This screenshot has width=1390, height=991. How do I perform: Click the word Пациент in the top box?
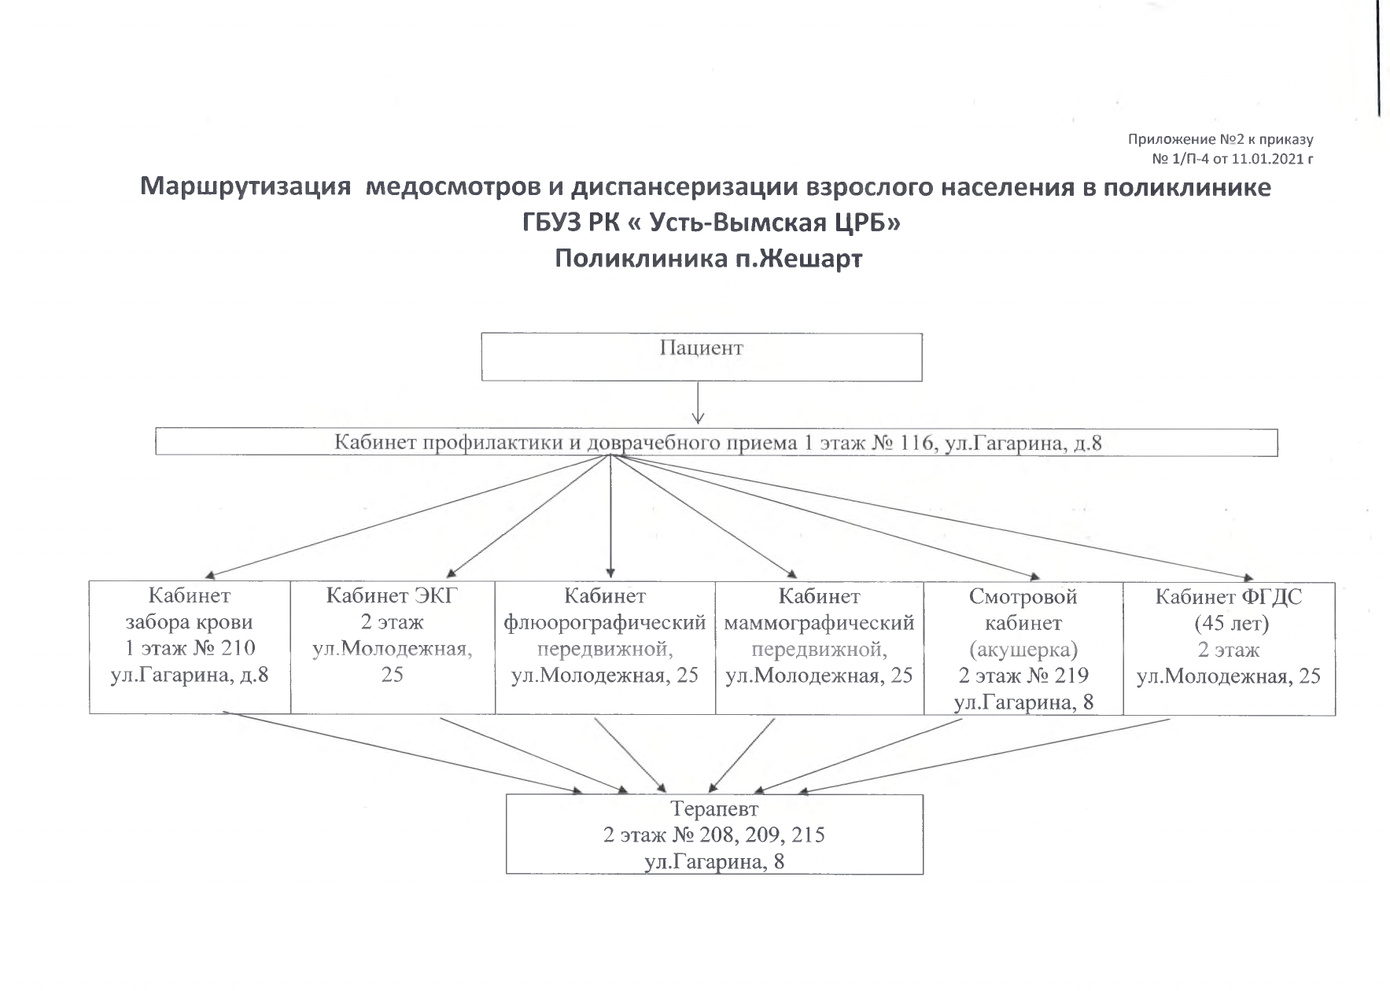[x=701, y=348]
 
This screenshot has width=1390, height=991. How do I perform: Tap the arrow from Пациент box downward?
[x=698, y=403]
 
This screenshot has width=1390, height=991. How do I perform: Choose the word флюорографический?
[x=604, y=623]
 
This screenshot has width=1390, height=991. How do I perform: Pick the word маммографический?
[x=819, y=623]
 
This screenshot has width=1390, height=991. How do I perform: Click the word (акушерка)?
[x=1023, y=650]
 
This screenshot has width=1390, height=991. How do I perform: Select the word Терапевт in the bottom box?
[x=714, y=809]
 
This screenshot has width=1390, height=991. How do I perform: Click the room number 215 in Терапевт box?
[x=807, y=834]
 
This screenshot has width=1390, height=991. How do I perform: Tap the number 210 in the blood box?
[x=238, y=649]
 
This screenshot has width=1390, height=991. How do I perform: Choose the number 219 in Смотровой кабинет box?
[x=1071, y=676]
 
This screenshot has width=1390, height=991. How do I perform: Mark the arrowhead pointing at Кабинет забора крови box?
[x=212, y=575]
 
